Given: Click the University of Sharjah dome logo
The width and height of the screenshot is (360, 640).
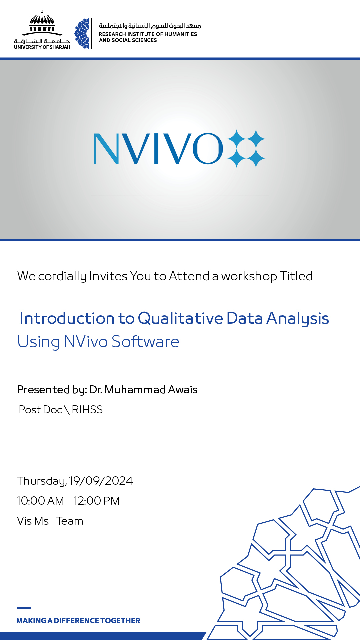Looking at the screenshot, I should click(42, 23).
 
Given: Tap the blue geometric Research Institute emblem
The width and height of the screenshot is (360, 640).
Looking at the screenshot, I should click(82, 34).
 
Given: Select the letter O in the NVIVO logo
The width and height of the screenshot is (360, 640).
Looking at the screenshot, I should click(207, 149).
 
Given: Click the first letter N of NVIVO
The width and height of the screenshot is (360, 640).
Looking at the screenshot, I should click(106, 149).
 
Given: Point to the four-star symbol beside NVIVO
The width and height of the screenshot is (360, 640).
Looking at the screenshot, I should click(246, 149).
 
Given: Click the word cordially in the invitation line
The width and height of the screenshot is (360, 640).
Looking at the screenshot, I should click(62, 276).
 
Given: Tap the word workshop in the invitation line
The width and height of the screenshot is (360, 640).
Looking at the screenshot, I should click(249, 276).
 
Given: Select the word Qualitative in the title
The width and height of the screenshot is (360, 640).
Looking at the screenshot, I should click(180, 318).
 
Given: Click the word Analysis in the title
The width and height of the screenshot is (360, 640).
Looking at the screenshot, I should click(298, 318).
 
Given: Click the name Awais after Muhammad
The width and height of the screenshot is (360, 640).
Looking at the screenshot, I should click(183, 390).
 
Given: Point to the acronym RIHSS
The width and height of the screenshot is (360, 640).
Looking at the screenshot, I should click(87, 410).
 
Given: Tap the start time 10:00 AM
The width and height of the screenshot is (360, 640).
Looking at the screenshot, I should click(40, 501).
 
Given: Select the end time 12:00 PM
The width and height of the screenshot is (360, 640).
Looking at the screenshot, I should click(97, 501).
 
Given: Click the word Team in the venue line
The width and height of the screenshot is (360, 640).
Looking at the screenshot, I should click(70, 521).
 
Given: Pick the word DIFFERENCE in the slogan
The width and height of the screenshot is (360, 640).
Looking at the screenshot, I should click(76, 621).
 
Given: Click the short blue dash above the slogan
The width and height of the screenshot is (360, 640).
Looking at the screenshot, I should click(24, 608).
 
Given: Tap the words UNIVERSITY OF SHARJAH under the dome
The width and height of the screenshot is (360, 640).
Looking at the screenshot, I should click(42, 47).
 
